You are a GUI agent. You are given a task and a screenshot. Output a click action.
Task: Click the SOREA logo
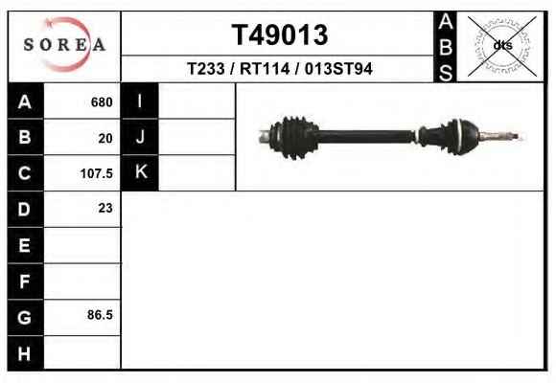tap(64, 45)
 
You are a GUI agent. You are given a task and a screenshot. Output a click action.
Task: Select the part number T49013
tap(280, 34)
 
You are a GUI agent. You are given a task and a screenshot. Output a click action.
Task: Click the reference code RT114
tap(265, 69)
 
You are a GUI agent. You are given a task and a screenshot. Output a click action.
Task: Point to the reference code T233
tap(206, 69)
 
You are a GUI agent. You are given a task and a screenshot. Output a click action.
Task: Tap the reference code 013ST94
tap(338, 69)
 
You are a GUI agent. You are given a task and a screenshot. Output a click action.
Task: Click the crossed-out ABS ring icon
tap(502, 46)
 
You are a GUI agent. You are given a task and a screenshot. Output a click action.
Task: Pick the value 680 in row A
tap(102, 102)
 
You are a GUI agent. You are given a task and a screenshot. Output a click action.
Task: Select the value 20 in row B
tap(105, 138)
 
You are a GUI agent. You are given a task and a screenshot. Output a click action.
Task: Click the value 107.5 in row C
tap(97, 173)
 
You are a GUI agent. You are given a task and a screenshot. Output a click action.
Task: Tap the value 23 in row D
tap(105, 208)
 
